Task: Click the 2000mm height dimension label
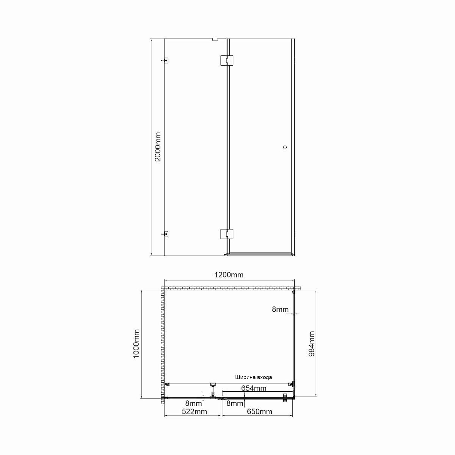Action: (x=158, y=147)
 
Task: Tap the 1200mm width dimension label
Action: (x=229, y=275)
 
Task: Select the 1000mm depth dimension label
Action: (x=136, y=344)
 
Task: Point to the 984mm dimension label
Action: (x=312, y=344)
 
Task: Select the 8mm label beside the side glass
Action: (x=280, y=309)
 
